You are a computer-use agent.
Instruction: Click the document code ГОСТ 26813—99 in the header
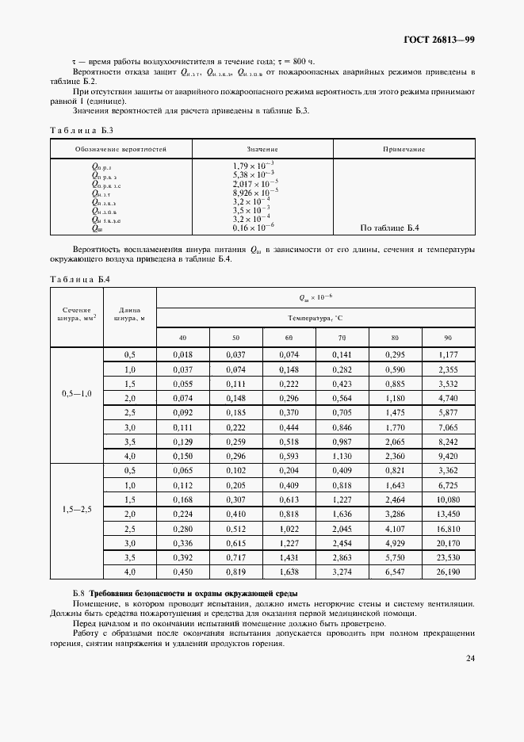pos(438,40)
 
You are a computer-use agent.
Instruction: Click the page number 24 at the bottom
pos(469,658)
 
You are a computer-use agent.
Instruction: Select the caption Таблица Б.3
pos(82,130)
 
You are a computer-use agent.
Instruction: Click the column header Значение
pos(262,148)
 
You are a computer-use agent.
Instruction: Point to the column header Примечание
pos(404,148)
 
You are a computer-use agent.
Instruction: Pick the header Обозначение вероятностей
pos(121,148)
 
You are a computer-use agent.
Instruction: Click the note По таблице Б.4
pos(389,228)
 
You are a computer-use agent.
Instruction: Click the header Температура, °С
pos(316,317)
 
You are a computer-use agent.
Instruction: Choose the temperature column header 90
pos(448,338)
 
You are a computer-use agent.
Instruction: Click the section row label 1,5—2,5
pos(77,510)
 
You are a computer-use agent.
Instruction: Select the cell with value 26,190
pos(448,572)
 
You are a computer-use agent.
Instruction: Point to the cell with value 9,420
pos(448,456)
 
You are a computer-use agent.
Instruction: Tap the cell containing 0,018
pos(183,355)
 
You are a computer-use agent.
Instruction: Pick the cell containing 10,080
pos(448,499)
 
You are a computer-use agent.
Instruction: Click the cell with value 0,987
pos(342,442)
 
